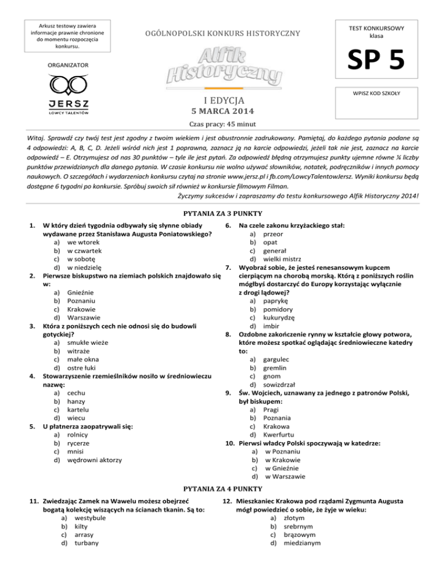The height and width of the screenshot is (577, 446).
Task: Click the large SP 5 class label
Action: tap(383, 59)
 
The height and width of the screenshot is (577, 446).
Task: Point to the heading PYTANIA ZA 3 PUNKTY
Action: tap(222, 213)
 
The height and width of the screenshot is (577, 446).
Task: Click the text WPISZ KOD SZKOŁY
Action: tap(383, 93)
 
